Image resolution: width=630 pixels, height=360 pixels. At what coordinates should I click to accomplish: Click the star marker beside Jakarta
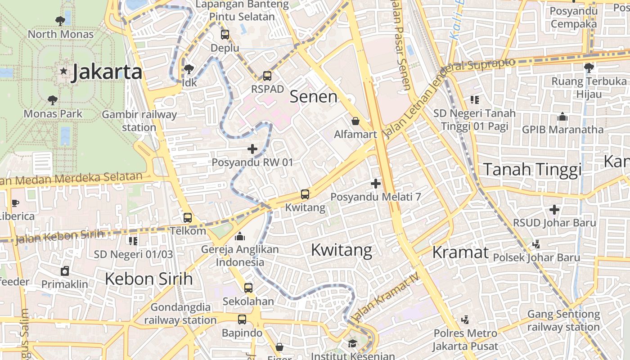[x=63, y=71]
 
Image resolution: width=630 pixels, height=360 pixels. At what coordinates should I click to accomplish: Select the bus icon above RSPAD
[x=267, y=76]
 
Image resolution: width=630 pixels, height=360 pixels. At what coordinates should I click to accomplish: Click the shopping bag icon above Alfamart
[x=355, y=121]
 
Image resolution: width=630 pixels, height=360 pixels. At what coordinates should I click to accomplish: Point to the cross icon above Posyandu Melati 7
[x=376, y=184]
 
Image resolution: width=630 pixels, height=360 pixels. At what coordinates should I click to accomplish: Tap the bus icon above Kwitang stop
[x=305, y=194]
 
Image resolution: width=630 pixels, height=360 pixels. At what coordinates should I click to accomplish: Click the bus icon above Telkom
[x=188, y=217]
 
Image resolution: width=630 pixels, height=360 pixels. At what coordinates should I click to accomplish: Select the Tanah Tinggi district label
[x=532, y=170]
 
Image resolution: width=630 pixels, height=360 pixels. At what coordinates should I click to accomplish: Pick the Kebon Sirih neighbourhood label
[x=148, y=279]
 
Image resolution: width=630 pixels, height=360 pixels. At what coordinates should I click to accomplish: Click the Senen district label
[x=313, y=96]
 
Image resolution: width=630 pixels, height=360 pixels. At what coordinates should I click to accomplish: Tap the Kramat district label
[x=460, y=252]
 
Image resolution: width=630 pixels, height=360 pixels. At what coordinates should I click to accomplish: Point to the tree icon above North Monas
[x=60, y=21]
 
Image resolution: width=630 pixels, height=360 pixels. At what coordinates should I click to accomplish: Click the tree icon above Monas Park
[x=53, y=100]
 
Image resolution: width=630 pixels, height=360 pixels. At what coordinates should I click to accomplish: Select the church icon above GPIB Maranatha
[x=562, y=117]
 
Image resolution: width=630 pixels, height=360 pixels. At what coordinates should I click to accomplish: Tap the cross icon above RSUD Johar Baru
[x=554, y=210]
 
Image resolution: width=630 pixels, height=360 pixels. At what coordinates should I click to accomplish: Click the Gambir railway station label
[x=139, y=121]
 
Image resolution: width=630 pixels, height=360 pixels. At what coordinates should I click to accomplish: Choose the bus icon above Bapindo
[x=242, y=319]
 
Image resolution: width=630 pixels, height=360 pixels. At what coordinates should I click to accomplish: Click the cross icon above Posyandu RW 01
[x=252, y=148]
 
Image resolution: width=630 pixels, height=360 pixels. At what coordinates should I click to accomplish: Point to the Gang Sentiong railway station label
[x=563, y=320]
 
